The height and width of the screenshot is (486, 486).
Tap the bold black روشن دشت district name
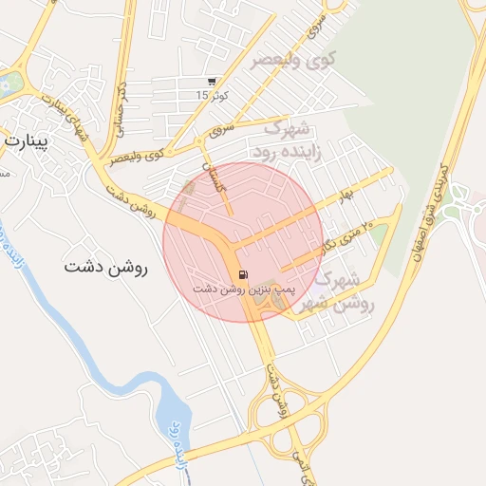[107, 267]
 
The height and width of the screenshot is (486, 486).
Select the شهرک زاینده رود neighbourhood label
[290, 139]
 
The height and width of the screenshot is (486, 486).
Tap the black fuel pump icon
[244, 275]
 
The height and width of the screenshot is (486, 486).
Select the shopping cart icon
[211, 83]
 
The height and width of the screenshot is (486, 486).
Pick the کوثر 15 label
[209, 95]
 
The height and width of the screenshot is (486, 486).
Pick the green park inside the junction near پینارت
[9, 84]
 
